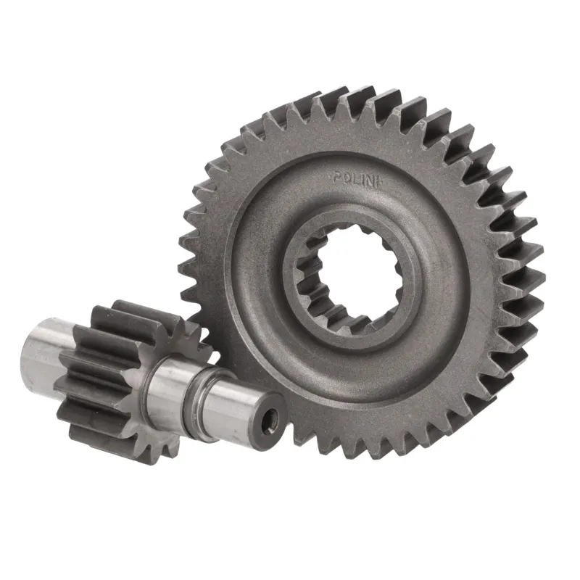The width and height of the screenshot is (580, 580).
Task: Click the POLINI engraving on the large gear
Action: [x=355, y=179]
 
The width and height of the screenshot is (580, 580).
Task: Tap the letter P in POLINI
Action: [x=336, y=178]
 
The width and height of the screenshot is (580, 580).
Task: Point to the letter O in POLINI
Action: [x=344, y=178]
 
